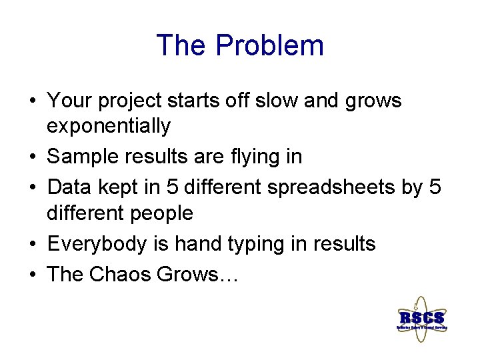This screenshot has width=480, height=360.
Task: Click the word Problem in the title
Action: point(270,46)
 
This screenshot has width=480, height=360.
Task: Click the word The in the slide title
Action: point(183,46)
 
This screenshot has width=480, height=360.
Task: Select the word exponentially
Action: point(109,126)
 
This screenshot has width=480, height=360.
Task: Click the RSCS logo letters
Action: point(421,317)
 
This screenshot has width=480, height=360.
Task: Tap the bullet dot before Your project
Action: point(32,101)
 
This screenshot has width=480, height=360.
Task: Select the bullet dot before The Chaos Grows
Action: point(32,274)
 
